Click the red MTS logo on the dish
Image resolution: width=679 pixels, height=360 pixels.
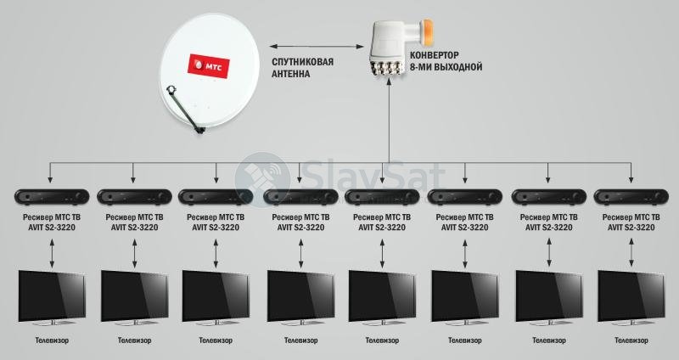[208, 66]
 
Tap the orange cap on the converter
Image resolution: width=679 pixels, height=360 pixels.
[427, 32]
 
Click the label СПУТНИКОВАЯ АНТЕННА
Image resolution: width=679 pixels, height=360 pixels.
[302, 68]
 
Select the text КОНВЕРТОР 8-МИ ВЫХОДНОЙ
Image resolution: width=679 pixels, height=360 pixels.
[446, 61]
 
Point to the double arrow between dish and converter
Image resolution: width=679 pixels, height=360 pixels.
[317, 46]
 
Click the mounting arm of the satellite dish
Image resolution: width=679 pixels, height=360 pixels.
[184, 109]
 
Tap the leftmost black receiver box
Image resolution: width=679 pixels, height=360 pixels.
[52, 197]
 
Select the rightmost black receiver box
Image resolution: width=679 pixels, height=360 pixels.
[631, 197]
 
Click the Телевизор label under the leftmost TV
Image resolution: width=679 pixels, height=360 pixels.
[52, 340]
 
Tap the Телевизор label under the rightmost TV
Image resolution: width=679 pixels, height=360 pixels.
[631, 340]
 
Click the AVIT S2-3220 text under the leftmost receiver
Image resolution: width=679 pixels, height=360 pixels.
[51, 228]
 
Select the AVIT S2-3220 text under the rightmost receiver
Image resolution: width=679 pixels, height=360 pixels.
[631, 228]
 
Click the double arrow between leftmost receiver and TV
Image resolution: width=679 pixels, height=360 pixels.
[52, 253]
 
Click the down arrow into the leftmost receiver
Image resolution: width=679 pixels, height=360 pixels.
[50, 173]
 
